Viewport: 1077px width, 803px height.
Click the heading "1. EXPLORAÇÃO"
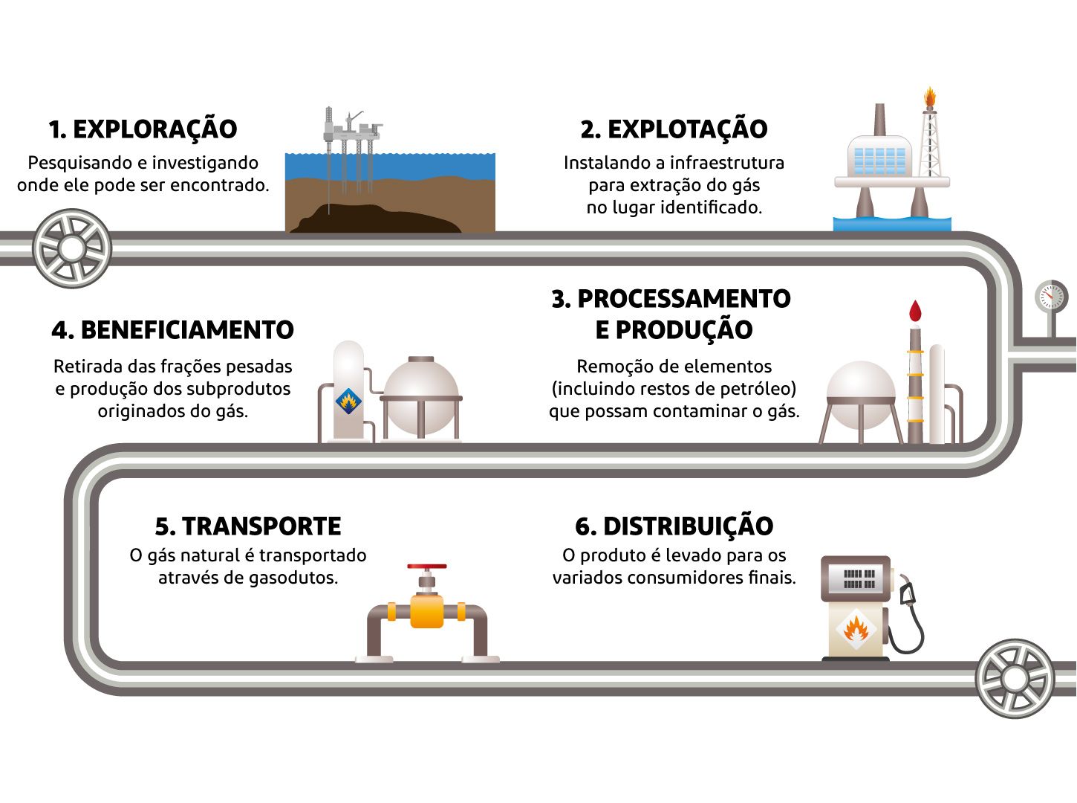(x=143, y=129)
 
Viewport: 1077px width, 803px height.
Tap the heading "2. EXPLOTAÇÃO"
(x=674, y=129)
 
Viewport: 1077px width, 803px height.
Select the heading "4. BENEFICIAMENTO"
(x=173, y=330)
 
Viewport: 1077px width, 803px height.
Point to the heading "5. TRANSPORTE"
(x=248, y=526)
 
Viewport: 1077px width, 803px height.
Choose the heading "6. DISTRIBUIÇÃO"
(x=674, y=526)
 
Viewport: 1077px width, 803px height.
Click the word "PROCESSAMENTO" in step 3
(x=683, y=299)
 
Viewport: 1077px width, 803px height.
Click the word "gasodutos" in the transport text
(x=293, y=578)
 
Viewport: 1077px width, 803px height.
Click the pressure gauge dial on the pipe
(x=1051, y=297)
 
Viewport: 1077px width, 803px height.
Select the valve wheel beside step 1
(x=72, y=249)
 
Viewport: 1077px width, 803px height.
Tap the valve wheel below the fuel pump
(x=1015, y=679)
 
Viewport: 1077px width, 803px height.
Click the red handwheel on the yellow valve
(x=427, y=567)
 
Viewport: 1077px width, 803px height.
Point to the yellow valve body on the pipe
(x=427, y=610)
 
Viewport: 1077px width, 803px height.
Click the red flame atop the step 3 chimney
(x=915, y=310)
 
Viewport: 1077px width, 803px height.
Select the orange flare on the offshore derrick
(x=929, y=97)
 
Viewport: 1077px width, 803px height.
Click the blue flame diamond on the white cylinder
(x=348, y=401)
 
